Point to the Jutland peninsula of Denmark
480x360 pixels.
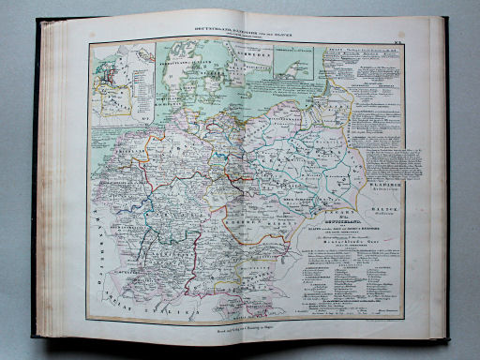(194, 66)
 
